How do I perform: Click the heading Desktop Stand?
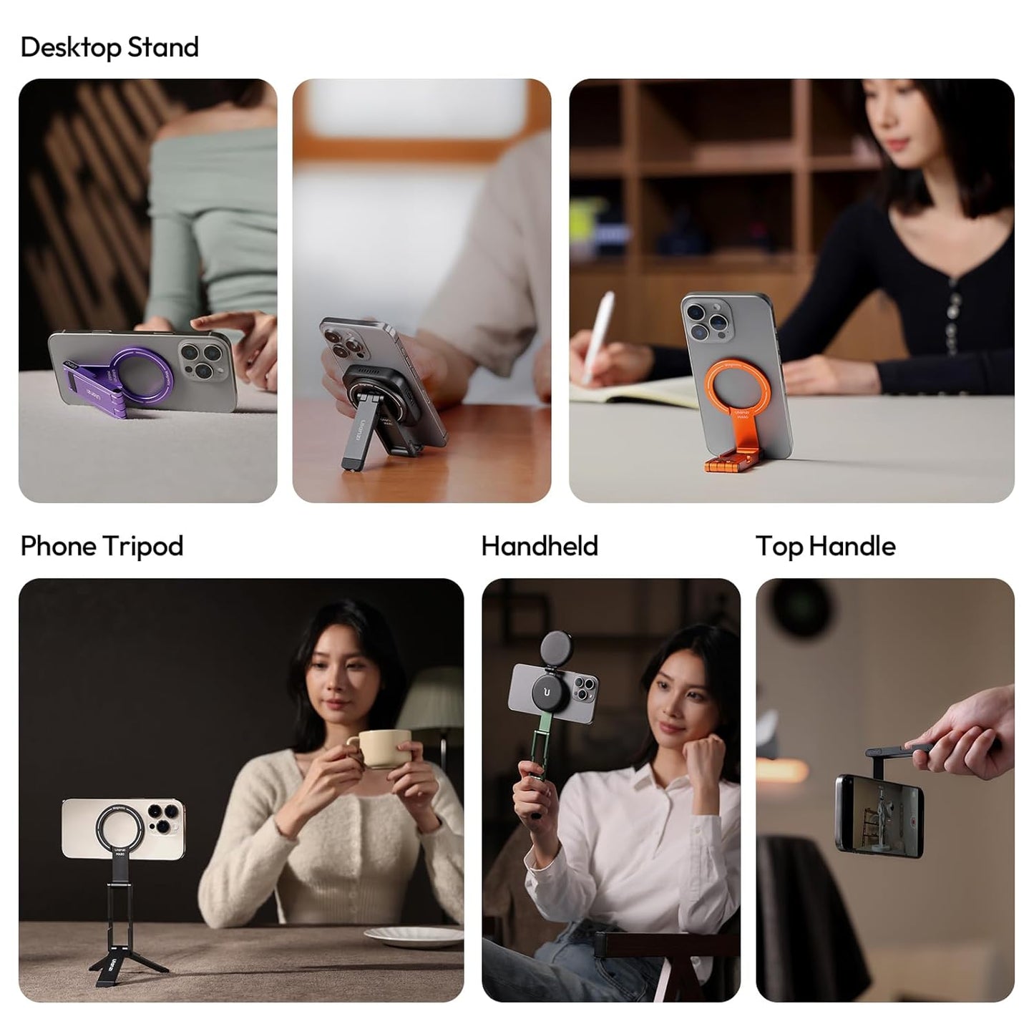coord(109,47)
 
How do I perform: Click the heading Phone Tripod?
coord(102,546)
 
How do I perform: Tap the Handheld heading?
coord(540,546)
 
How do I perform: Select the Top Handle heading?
coord(826,546)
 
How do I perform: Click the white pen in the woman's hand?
coord(596,336)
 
